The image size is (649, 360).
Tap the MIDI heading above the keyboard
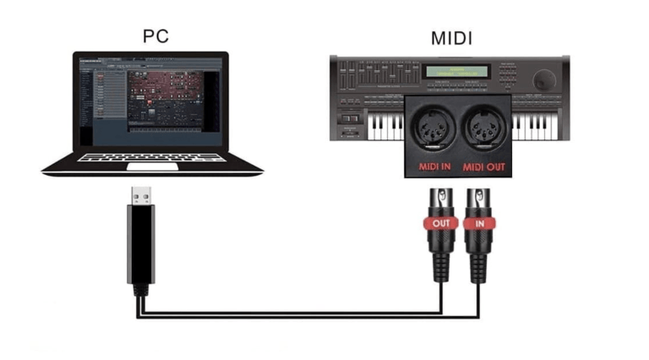(x=451, y=38)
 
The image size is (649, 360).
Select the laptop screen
(x=152, y=102)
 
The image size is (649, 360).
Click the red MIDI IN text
(x=436, y=166)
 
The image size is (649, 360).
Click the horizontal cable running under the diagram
(x=287, y=314)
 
